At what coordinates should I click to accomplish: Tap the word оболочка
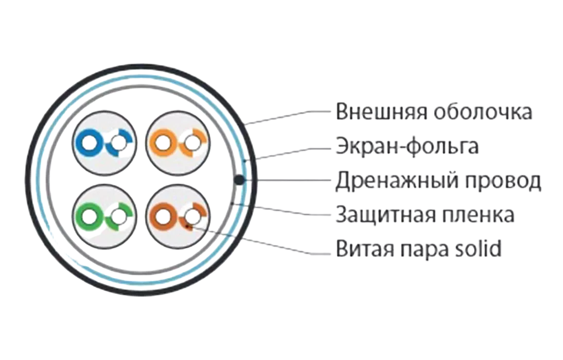point(482,113)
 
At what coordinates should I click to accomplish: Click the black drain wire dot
point(239,179)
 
